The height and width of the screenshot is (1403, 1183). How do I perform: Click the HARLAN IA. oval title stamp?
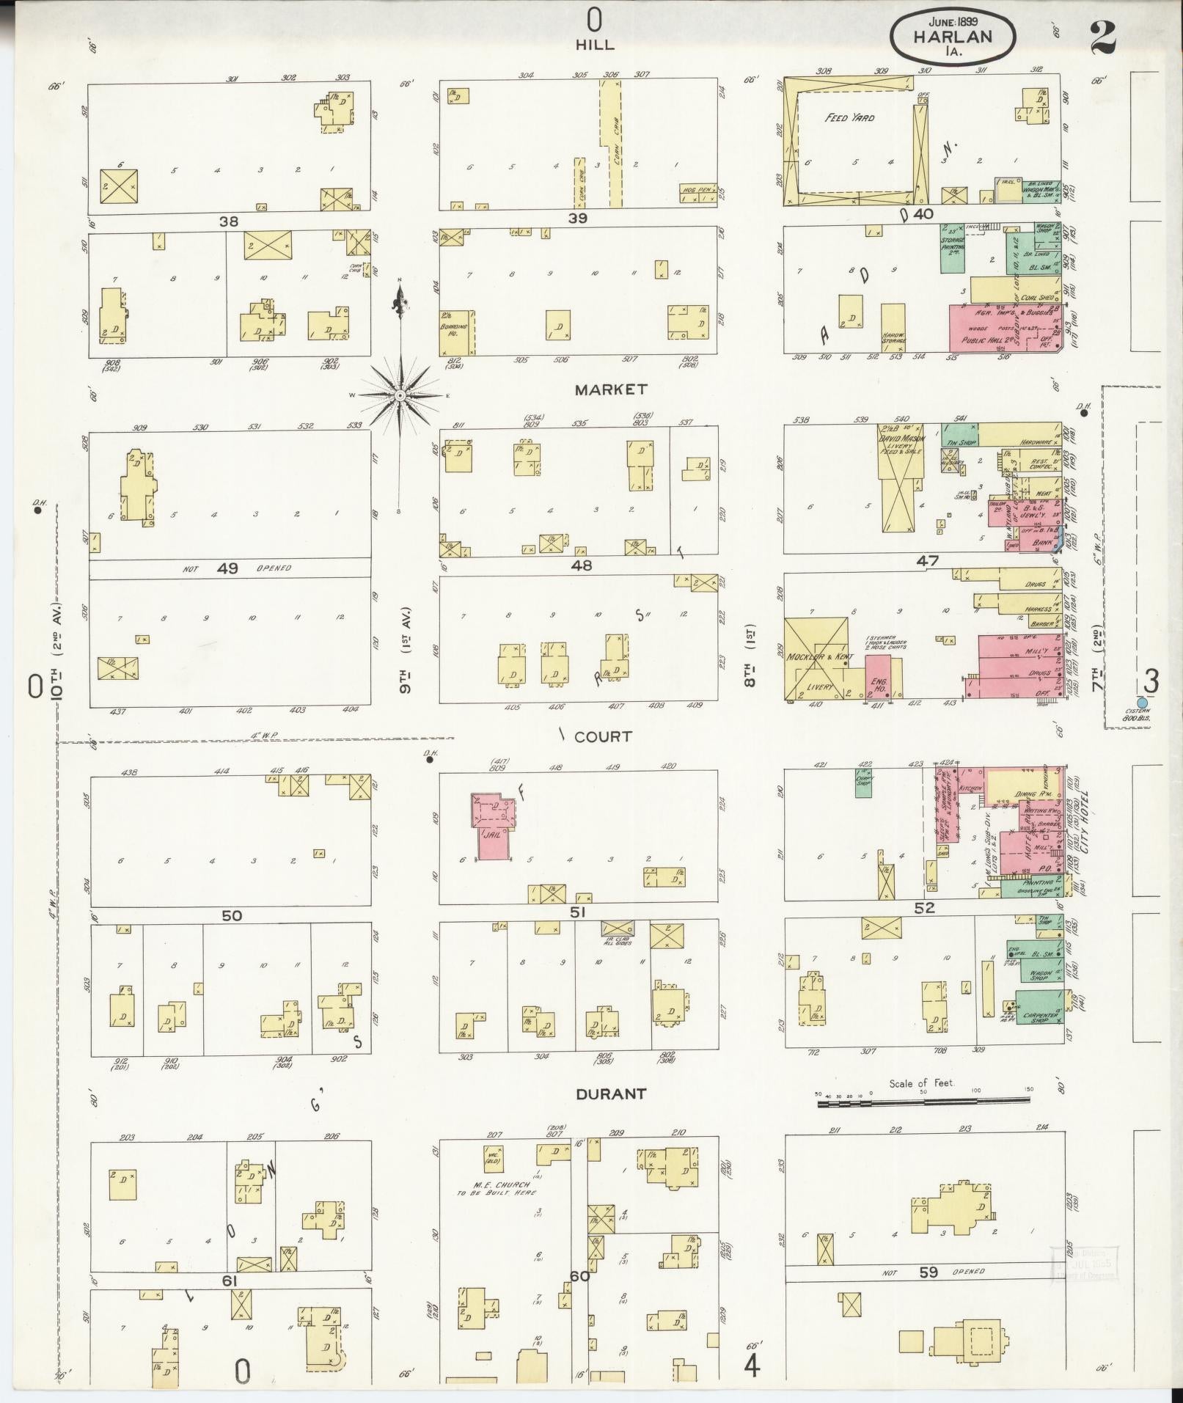pos(953,36)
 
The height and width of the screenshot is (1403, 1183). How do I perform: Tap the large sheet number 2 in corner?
pos(1103,37)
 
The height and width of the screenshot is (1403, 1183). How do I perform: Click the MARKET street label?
pos(610,389)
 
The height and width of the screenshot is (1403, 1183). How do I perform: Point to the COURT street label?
pos(603,737)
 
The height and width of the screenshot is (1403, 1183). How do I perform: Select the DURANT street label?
pos(610,1094)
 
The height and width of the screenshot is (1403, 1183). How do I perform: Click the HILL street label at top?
pos(594,45)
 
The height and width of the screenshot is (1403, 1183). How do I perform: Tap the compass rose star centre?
pos(400,396)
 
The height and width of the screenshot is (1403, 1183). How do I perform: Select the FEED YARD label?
pos(849,117)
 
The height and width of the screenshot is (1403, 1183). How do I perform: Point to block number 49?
pos(227,568)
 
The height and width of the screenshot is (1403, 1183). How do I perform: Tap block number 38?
pos(228,220)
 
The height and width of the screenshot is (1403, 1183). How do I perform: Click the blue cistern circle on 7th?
pos(1141,703)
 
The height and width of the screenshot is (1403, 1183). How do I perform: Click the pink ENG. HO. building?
pos(878,678)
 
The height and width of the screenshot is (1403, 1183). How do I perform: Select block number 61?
pos(230,1281)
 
